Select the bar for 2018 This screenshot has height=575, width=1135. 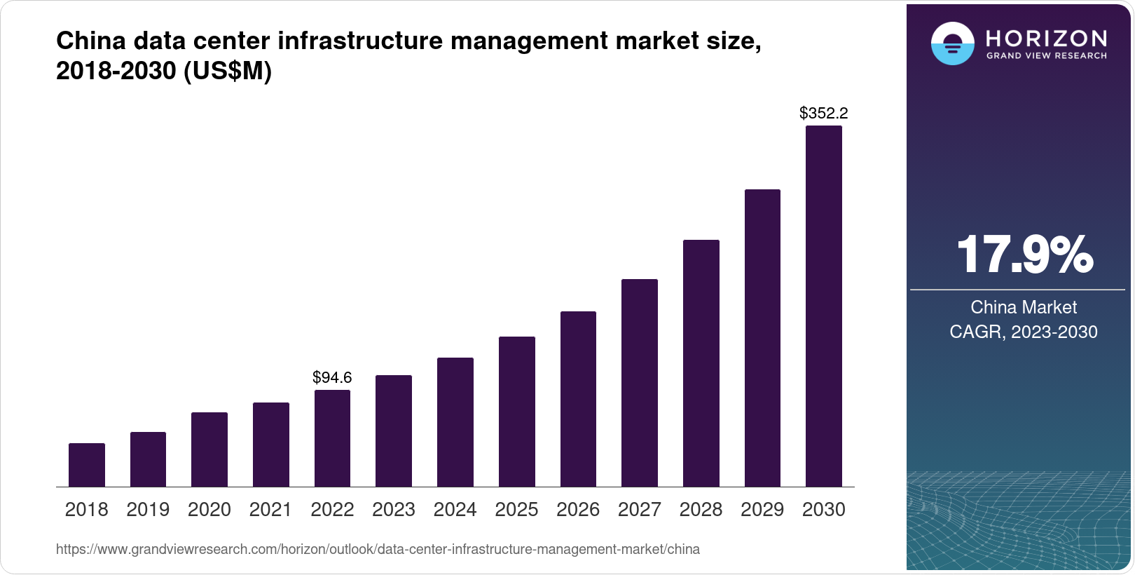point(87,465)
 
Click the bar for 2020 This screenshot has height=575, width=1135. point(209,449)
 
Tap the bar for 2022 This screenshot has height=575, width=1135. point(332,438)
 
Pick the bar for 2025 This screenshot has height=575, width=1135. point(517,412)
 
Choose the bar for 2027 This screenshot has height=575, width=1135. point(639,383)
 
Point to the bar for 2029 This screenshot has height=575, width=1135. point(762,338)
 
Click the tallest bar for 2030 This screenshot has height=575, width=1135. point(823,306)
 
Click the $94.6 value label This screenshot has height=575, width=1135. point(332,377)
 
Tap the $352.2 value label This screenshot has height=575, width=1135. point(823,113)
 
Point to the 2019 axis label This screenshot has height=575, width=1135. point(148,510)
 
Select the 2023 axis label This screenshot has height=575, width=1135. point(394,510)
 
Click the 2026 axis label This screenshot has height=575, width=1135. point(578,510)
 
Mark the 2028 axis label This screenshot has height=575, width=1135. point(701,510)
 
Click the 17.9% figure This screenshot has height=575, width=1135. point(1024,255)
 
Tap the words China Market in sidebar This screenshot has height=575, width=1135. point(1024,307)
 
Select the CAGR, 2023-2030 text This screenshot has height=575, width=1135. point(1024,332)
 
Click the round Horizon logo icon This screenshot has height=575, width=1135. point(952,43)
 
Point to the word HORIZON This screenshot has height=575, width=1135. point(1046,38)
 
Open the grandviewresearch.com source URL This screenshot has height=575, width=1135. point(378,549)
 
